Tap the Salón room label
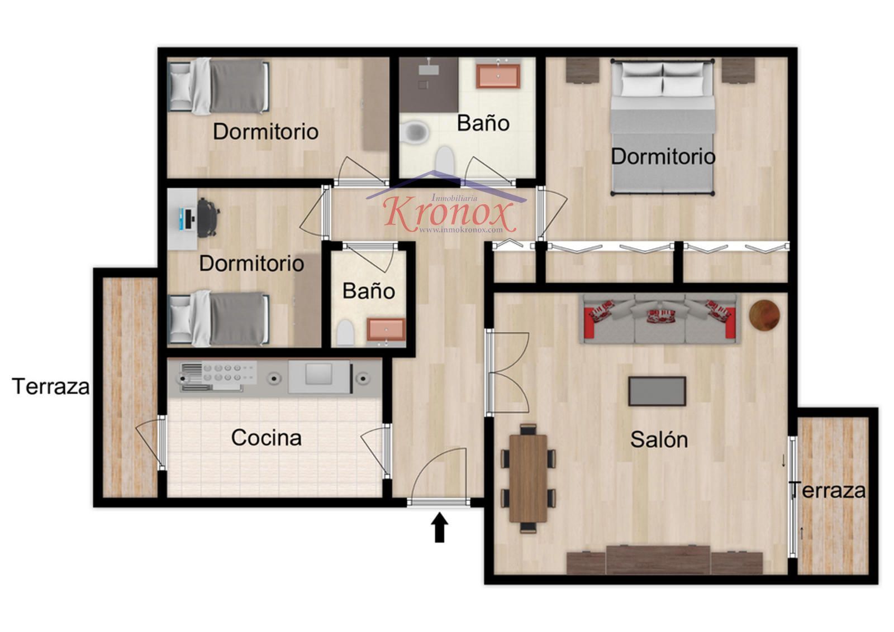point(659,439)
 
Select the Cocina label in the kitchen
point(266,437)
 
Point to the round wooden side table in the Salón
point(764,315)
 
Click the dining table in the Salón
point(528,478)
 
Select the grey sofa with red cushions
point(660,319)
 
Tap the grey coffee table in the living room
point(657,391)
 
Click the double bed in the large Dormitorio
point(663,127)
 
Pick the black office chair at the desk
point(207,218)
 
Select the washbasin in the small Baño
point(386,329)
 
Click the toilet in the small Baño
point(345,333)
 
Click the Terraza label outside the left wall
point(51,386)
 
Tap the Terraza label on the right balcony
point(827,490)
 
